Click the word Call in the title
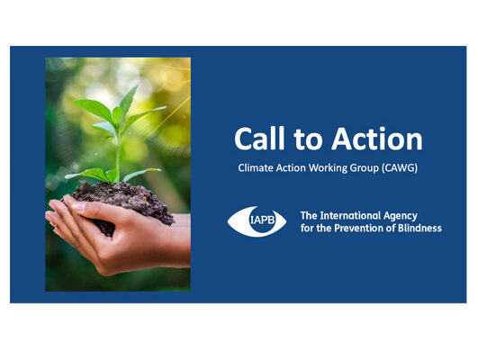[x=259, y=139]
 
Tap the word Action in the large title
[x=377, y=139]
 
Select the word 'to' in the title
[x=308, y=140]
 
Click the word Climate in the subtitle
[x=256, y=168]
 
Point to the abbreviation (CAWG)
[x=400, y=168]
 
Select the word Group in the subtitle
[x=364, y=168]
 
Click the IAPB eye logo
[x=257, y=221]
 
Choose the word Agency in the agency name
[x=400, y=216]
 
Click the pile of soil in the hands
[x=122, y=202]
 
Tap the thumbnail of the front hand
[x=79, y=206]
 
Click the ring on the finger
[x=55, y=225]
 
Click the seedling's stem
[x=118, y=158]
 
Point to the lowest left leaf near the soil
[x=87, y=175]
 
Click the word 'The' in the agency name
[x=309, y=216]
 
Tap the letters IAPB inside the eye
[x=262, y=220]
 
